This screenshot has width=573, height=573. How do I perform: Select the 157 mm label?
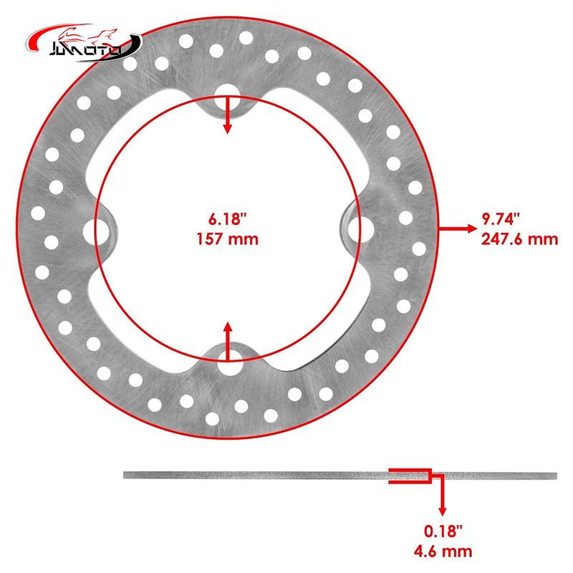(226, 239)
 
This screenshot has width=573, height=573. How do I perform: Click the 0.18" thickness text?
(442, 531)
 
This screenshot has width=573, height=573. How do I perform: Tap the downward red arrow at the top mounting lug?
(228, 115)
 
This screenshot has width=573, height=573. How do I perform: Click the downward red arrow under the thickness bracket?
(442, 498)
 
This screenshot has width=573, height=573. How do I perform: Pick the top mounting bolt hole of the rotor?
(228, 92)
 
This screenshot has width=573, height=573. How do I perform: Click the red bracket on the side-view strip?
(410, 476)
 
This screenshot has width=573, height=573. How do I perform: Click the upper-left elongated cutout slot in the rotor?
(136, 136)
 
